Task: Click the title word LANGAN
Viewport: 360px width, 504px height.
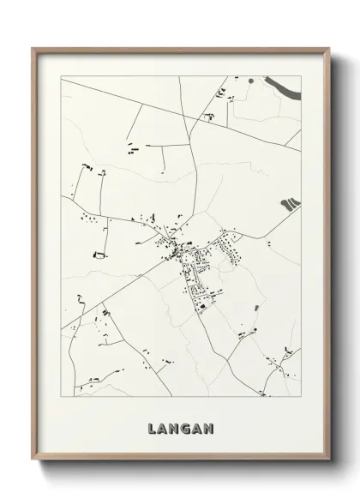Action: [x=180, y=426]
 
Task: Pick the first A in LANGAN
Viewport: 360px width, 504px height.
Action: [x=162, y=426]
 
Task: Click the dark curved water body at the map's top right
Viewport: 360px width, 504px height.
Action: [x=283, y=85]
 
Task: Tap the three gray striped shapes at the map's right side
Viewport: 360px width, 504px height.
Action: [x=290, y=203]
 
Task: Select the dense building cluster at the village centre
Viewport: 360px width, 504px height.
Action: [x=175, y=251]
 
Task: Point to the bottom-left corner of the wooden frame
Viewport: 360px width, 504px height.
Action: [x=33, y=460]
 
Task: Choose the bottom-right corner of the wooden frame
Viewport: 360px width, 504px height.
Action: [x=330, y=460]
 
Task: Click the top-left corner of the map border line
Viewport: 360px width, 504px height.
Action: [x=60, y=76]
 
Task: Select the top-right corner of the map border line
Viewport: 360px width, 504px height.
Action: [x=302, y=76]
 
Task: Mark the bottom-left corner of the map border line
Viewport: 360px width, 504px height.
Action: [x=60, y=396]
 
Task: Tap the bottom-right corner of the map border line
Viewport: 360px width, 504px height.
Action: [x=302, y=396]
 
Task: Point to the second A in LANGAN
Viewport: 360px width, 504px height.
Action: [x=198, y=426]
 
